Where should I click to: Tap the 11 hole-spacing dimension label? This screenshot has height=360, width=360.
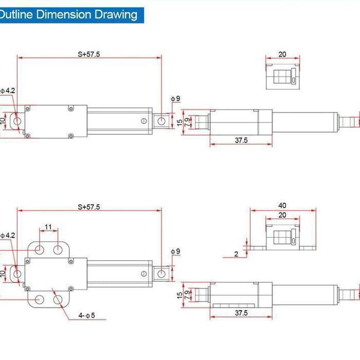(48, 227)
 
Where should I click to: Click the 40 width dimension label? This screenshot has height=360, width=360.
(282, 205)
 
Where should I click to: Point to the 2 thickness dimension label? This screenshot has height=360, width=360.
(236, 254)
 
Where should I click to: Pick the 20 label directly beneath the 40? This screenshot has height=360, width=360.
(282, 215)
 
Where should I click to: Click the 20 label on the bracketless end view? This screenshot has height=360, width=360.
(282, 54)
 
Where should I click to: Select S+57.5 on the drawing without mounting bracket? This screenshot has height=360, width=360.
(89, 53)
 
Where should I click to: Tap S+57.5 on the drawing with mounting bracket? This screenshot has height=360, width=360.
(89, 207)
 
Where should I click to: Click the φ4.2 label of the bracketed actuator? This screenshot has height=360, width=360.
(8, 235)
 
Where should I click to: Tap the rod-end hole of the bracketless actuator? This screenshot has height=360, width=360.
(161, 121)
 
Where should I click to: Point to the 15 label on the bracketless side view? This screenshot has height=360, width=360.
(179, 123)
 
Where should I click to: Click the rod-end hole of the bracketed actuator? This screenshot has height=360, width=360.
(161, 274)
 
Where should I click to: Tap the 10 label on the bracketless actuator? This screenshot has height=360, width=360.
(3, 121)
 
